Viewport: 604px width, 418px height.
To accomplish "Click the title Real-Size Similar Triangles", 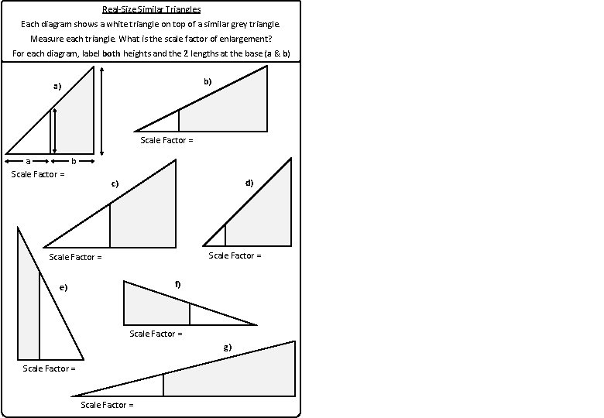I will [x=151, y=9].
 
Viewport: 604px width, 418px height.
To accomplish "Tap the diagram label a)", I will [x=57, y=86].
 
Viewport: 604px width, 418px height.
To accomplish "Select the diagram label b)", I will [x=208, y=81].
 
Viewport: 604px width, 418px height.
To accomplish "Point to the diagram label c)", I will [x=114, y=183].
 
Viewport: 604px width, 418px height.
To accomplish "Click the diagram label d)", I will [x=249, y=183].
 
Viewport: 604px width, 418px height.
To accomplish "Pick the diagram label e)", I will [x=63, y=288].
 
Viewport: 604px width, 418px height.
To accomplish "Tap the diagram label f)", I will [x=177, y=285].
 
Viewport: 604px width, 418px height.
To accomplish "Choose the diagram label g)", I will [x=227, y=347].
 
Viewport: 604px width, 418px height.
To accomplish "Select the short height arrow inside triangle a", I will [x=53, y=130].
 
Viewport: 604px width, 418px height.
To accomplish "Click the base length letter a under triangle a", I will [x=28, y=161].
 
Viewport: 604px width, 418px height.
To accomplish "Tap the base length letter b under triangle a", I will [x=74, y=161].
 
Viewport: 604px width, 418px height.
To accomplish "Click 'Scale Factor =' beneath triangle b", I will [x=166, y=140].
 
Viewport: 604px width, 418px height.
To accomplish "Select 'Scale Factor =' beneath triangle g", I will [x=108, y=405].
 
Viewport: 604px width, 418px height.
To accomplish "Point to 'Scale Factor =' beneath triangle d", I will [x=235, y=255].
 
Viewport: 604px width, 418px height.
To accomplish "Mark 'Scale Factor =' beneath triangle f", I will [x=156, y=334].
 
